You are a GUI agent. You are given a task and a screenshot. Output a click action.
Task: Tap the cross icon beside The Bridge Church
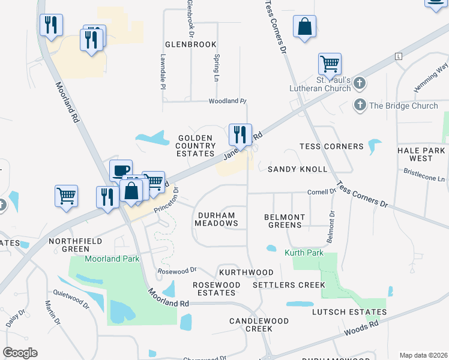pyautogui.click(x=360, y=106)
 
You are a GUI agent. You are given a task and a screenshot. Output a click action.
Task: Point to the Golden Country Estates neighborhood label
pyautogui.click(x=196, y=145)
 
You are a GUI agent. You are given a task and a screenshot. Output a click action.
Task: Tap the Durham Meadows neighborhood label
pyautogui.click(x=216, y=218)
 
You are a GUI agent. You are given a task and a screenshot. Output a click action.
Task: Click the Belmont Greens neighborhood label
pyautogui.click(x=285, y=221)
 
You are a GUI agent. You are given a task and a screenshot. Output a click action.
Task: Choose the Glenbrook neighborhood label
pyautogui.click(x=190, y=44)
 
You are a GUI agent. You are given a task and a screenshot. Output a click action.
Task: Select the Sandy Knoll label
pyautogui.click(x=297, y=169)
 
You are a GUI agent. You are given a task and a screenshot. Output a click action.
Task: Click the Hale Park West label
pyautogui.click(x=421, y=154)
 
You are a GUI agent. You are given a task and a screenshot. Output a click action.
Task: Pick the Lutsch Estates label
pyautogui.click(x=349, y=312)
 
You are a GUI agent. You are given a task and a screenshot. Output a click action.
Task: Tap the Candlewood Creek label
pyautogui.click(x=259, y=325)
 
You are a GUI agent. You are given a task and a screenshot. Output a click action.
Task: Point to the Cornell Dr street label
pyautogui.click(x=322, y=191)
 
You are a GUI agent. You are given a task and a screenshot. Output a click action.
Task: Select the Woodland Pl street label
pyautogui.click(x=228, y=101)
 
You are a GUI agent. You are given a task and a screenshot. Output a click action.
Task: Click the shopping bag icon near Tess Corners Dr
pyautogui.click(x=305, y=27)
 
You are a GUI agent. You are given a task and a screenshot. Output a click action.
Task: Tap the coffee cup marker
pyautogui.click(x=121, y=171)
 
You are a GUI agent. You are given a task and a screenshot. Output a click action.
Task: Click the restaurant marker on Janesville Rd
pyautogui.click(x=240, y=134)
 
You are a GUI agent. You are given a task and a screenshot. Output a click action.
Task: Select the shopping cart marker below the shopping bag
pyautogui.click(x=330, y=64)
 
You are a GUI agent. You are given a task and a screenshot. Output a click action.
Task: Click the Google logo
pyautogui.click(x=20, y=353)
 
